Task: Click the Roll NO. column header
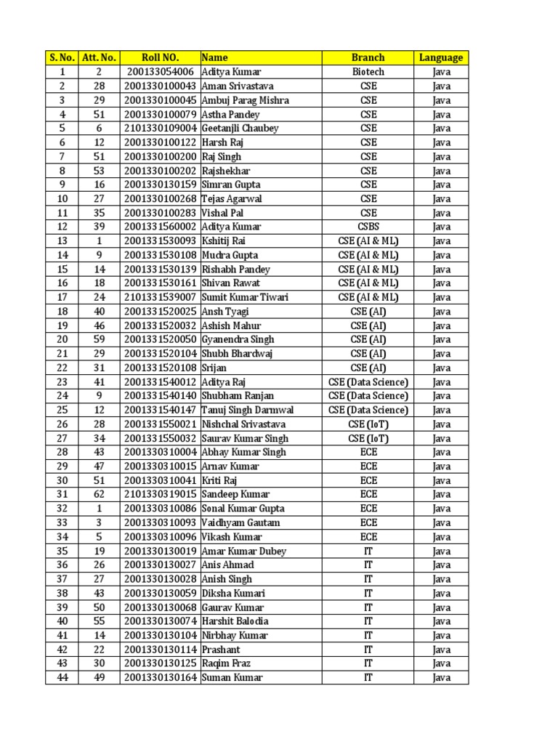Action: [160, 57]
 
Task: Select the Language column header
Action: [441, 57]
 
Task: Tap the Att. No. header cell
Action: [99, 57]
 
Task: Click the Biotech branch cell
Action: [368, 72]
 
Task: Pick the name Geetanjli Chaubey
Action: [240, 129]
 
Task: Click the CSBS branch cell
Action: [368, 227]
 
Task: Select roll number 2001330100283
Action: [161, 213]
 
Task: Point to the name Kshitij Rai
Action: [225, 241]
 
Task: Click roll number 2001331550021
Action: [161, 424]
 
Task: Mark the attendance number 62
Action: [99, 494]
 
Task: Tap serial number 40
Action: [62, 621]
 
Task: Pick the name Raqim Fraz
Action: [226, 663]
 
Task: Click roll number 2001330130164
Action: [161, 678]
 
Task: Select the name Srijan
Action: [214, 368]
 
